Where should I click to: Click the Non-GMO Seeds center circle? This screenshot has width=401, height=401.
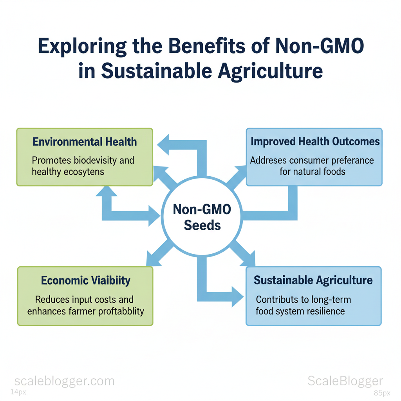point(202,216)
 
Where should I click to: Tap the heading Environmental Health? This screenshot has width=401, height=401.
point(85,142)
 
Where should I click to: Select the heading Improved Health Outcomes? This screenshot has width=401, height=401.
point(315,141)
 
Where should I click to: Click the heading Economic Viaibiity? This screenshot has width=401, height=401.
point(86,280)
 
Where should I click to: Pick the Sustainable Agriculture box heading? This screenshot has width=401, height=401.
point(313,280)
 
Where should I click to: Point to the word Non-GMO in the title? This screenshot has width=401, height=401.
point(320,46)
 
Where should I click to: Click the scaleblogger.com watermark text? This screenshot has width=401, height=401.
point(65,381)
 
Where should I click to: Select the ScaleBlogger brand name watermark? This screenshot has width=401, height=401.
point(345,381)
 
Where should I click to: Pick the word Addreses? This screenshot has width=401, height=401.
point(268,161)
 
